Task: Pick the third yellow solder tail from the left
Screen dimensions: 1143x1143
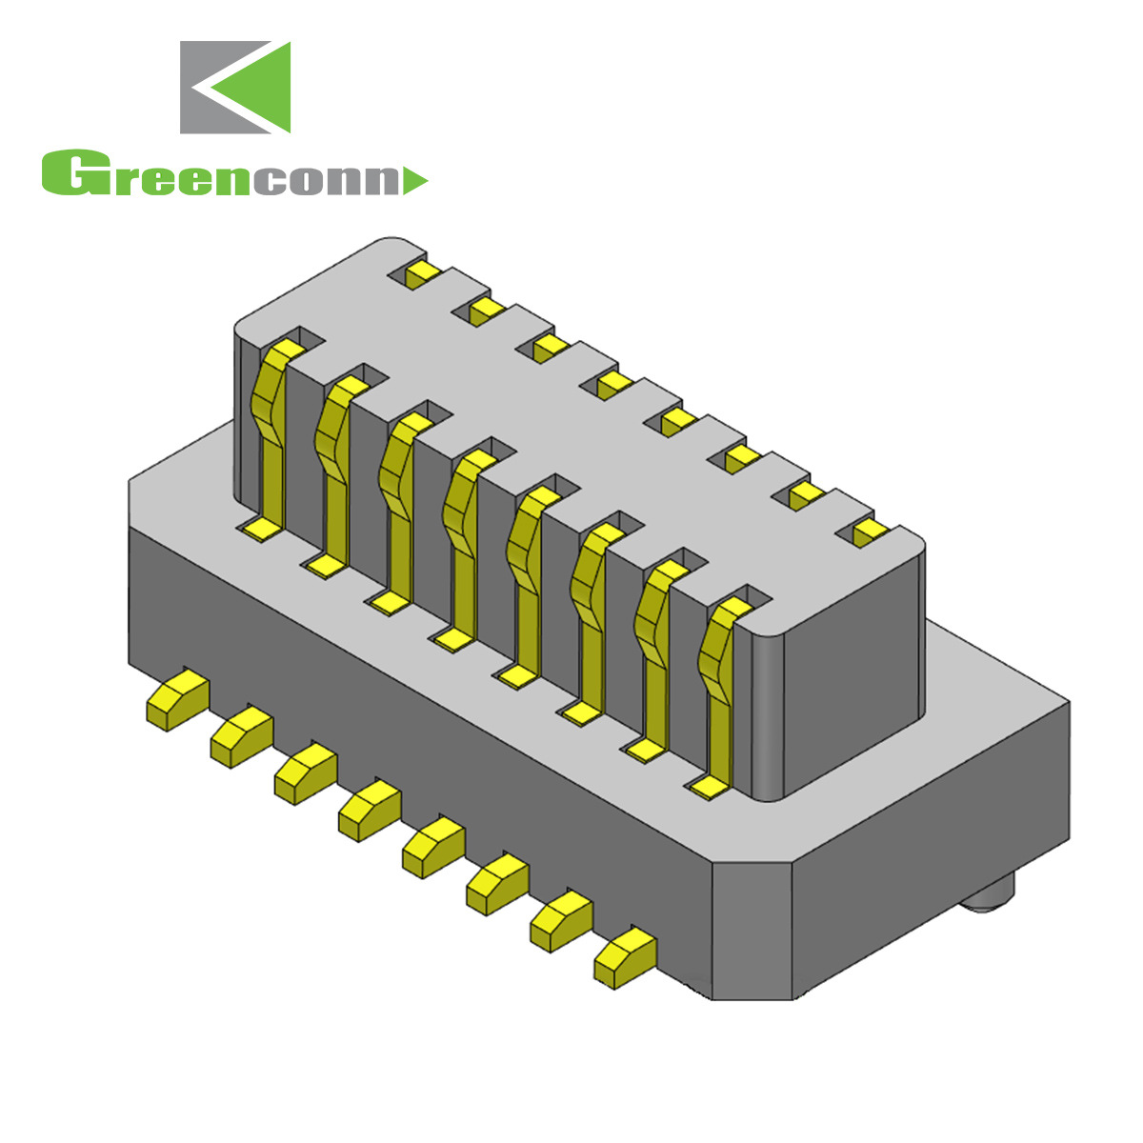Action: point(305,772)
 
